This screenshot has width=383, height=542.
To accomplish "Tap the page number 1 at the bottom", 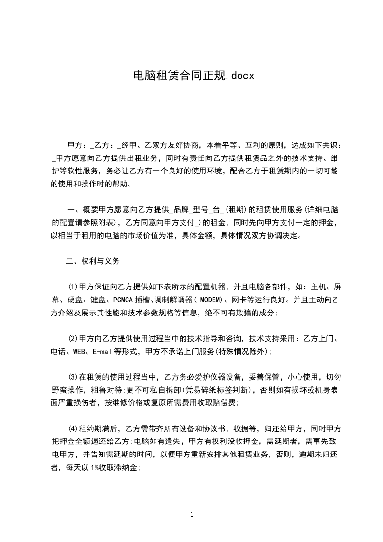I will click(192, 514).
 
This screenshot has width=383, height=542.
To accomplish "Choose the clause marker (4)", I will click(73, 429).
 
